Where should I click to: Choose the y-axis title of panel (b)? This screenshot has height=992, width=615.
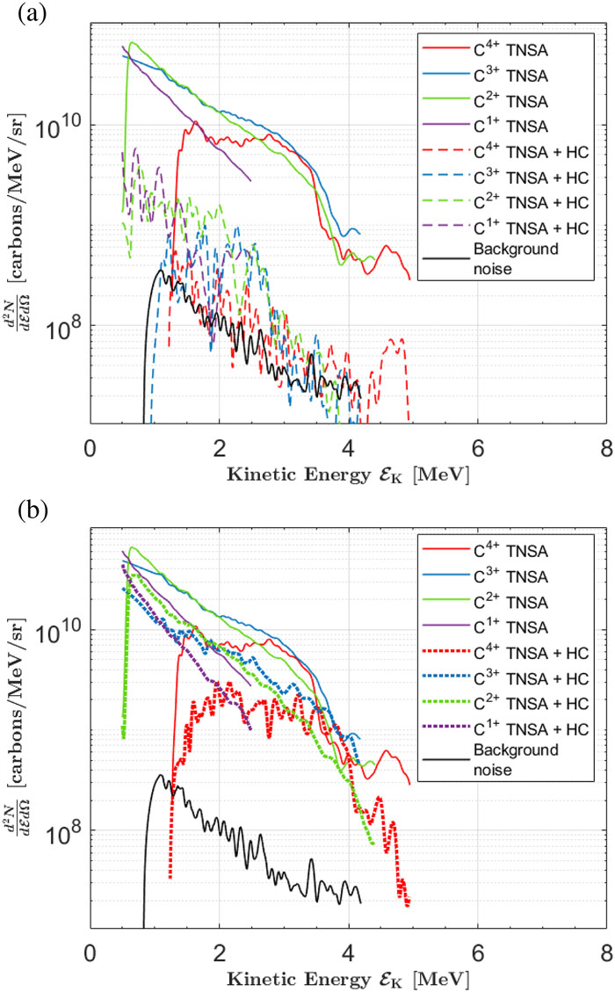pyautogui.click(x=18, y=738)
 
